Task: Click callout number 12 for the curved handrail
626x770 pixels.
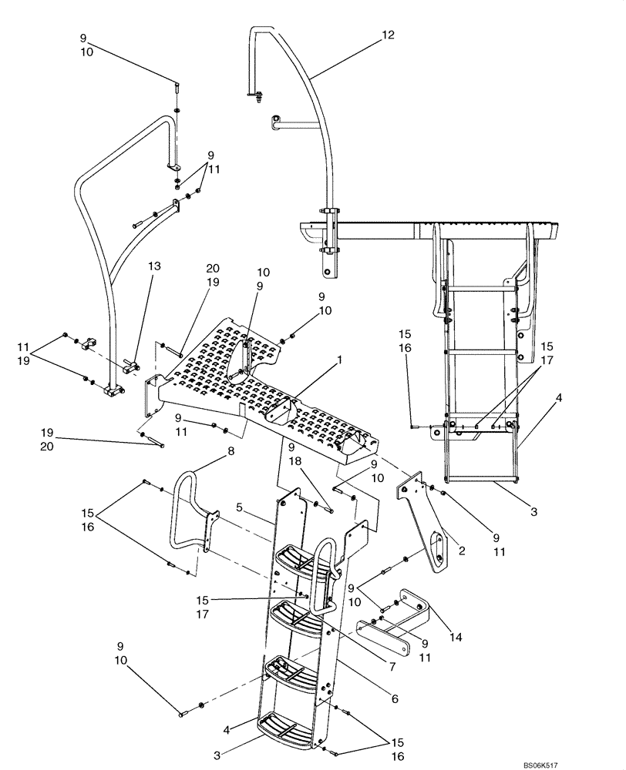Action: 387,35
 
